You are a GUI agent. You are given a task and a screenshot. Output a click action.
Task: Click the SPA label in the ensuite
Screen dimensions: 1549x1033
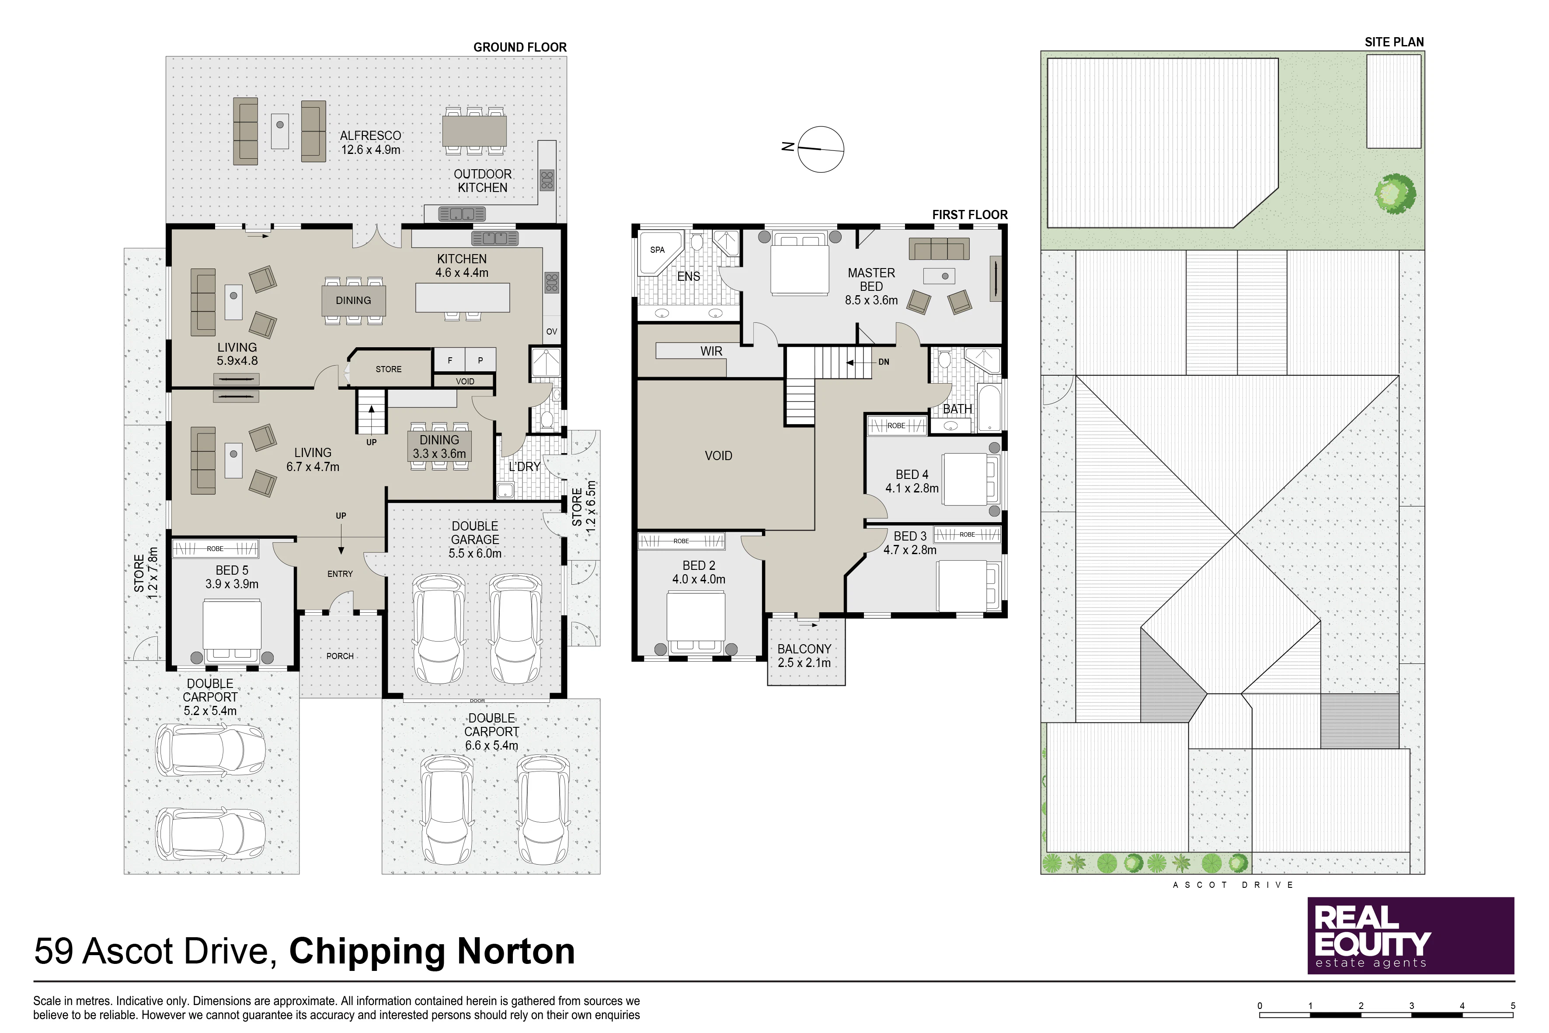pyautogui.click(x=657, y=250)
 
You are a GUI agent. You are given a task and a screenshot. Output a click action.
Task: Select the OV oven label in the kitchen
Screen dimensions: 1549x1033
pyautogui.click(x=552, y=332)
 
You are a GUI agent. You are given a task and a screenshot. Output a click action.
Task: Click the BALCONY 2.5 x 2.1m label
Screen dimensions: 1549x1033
pyautogui.click(x=804, y=656)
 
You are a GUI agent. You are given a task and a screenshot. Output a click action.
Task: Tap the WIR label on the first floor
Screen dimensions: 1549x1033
pyautogui.click(x=711, y=351)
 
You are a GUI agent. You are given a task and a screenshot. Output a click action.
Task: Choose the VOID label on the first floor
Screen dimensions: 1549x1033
pyautogui.click(x=718, y=455)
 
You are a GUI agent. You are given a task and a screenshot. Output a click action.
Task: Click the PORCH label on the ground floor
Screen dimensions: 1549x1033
pyautogui.click(x=340, y=656)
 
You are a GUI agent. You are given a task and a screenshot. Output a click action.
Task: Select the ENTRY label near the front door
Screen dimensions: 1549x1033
pyautogui.click(x=340, y=574)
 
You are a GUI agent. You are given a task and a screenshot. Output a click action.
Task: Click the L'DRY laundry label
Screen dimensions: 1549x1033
pyautogui.click(x=524, y=467)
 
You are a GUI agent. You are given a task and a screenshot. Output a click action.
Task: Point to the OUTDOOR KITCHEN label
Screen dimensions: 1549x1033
pyautogui.click(x=483, y=181)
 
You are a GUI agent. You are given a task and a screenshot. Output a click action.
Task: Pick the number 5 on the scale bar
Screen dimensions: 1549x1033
pyautogui.click(x=1513, y=1006)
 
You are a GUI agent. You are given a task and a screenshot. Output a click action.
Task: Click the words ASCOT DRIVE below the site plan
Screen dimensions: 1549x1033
pyautogui.click(x=1233, y=885)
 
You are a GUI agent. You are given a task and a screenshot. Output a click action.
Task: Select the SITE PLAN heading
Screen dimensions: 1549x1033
pyautogui.click(x=1394, y=42)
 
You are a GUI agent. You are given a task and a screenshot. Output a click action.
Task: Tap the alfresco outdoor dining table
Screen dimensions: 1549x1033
pyautogui.click(x=474, y=130)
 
